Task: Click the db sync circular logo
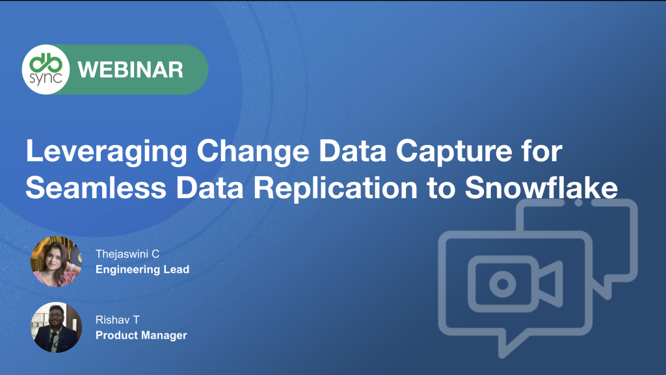click(46, 69)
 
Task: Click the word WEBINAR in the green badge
click(130, 70)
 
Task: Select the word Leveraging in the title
click(106, 151)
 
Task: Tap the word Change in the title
click(253, 151)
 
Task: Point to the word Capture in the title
click(454, 151)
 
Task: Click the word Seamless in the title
click(96, 187)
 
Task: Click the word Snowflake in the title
click(541, 187)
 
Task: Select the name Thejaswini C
click(127, 254)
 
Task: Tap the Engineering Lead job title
click(142, 270)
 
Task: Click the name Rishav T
click(117, 320)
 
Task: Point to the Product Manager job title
click(141, 335)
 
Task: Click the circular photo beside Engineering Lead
click(56, 261)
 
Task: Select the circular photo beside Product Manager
click(56, 327)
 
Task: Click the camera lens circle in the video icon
click(503, 283)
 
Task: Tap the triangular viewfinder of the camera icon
click(550, 283)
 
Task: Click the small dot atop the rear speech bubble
click(578, 202)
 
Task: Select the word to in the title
click(442, 188)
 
